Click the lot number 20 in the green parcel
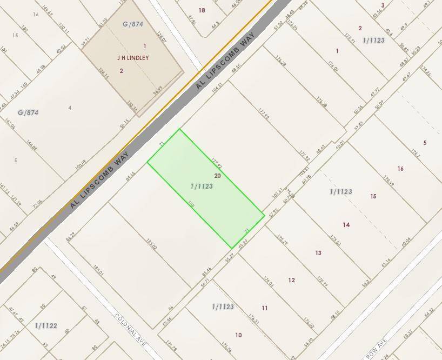point(218,176)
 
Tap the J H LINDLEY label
point(132,57)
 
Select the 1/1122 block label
point(46,325)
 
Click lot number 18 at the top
point(202,10)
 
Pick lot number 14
point(346,225)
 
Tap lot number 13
point(318,253)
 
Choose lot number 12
point(292,280)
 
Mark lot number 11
point(265,308)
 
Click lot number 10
point(238,335)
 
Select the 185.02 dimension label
point(151,246)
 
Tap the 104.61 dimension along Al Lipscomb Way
point(217,87)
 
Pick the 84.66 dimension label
point(130,176)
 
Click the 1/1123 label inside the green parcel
point(202,186)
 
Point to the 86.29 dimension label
point(70,236)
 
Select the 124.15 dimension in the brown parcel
point(104,73)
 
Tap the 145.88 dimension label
point(31,145)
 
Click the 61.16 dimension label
point(386,263)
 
